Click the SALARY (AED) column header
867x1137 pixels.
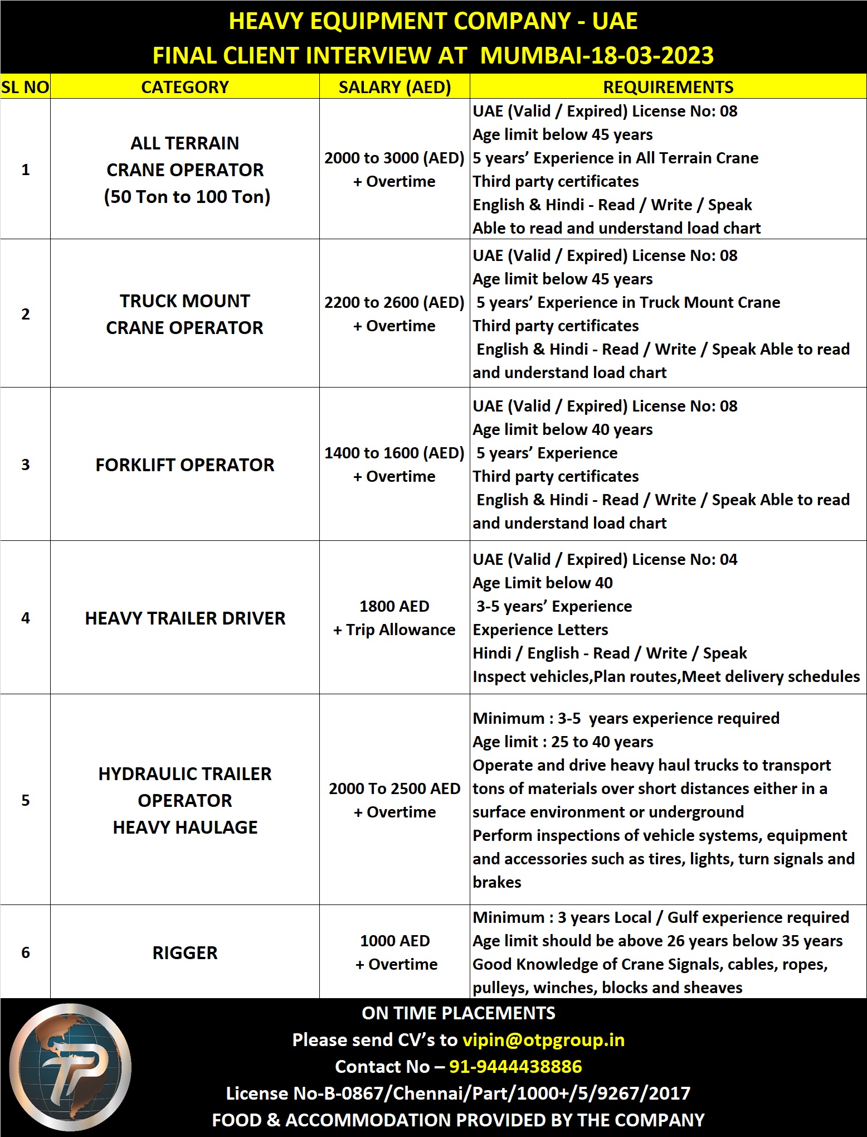[x=394, y=87]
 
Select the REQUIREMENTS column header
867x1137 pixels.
[x=668, y=87]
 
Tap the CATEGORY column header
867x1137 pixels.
[x=185, y=87]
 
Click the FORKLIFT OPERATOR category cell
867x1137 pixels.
[x=185, y=465]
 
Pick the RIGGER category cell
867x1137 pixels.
[x=185, y=953]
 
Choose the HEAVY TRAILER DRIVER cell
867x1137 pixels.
[x=185, y=618]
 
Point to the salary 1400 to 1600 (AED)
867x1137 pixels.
[x=394, y=453]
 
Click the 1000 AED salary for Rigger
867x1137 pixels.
[x=394, y=941]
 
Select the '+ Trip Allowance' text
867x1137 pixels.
[x=394, y=630]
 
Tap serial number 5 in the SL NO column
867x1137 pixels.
[x=26, y=801]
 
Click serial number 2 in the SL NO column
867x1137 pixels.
[x=26, y=315]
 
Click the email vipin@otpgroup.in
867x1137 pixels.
[x=544, y=1040]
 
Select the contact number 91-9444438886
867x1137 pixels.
[x=515, y=1067]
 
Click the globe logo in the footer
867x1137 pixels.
[x=70, y=1067]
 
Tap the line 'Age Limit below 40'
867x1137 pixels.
[x=543, y=583]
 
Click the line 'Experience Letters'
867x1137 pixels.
[x=540, y=630]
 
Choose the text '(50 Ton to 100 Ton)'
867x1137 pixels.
[x=187, y=197]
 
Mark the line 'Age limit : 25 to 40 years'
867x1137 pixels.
[x=563, y=742]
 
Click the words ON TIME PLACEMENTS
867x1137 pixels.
[x=459, y=1013]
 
